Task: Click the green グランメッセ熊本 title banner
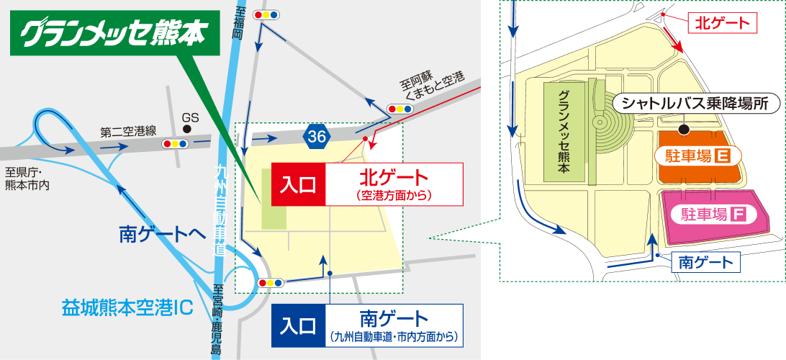[x=115, y=33]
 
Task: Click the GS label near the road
[x=189, y=117]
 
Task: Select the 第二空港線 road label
[x=128, y=132]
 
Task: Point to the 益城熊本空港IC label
[x=127, y=307]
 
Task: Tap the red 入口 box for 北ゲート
[x=299, y=184]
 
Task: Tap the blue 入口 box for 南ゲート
[x=299, y=325]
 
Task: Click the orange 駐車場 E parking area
[x=699, y=154]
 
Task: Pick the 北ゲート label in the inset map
[x=723, y=22]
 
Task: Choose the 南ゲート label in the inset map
[x=705, y=263]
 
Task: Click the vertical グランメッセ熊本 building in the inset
[x=563, y=130]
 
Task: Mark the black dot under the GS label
[x=188, y=129]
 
